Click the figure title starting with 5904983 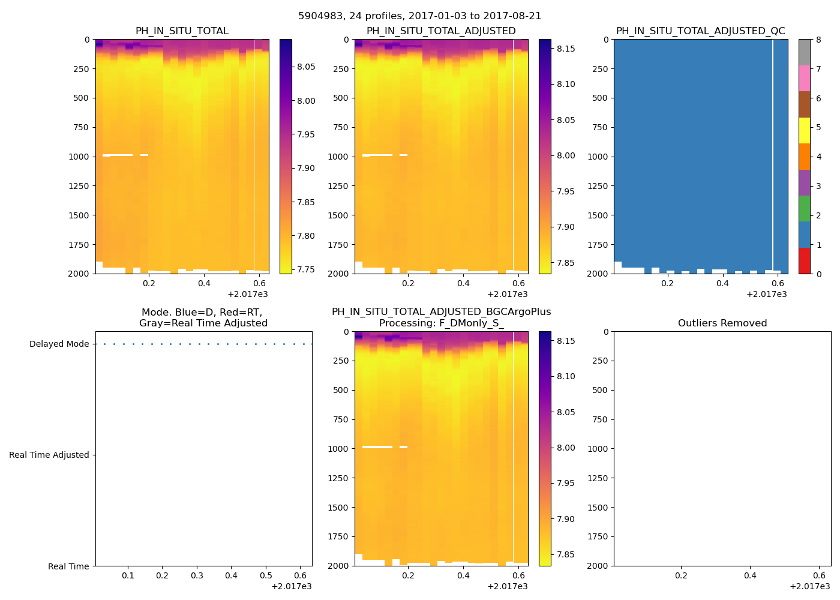419,16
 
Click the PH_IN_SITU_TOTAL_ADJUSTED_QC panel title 700,31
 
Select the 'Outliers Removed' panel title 722,323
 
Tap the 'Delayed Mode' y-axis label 59,344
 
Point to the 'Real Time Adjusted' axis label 49,455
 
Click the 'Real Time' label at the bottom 68,566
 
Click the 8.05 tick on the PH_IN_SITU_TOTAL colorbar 306,67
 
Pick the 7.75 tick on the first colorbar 306,269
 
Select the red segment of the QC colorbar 804,261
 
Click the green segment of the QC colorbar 804,209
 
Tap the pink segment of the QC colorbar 804,79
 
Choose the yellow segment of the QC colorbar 804,131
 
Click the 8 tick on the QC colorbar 818,40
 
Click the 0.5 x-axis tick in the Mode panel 266,575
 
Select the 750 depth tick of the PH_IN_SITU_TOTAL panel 81,127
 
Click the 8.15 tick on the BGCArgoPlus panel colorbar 565,341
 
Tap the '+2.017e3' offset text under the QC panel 766,294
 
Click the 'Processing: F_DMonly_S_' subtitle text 441,323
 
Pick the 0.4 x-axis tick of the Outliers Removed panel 750,575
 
